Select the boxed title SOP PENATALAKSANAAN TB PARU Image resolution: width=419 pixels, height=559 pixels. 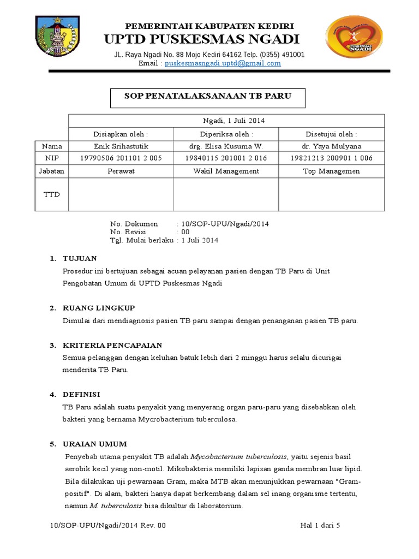point(208,96)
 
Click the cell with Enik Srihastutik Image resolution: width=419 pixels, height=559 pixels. point(121,146)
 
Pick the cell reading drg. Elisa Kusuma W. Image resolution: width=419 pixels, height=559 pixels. point(226,146)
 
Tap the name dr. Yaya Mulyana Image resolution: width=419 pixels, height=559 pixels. point(331,146)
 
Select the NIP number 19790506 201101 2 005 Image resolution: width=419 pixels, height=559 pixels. point(121,158)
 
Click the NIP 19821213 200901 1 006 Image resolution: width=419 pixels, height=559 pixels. point(331,158)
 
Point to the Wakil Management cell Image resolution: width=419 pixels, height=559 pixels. point(226,171)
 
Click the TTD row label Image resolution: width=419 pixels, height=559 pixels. point(51,194)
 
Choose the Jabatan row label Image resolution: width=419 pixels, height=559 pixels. point(51,171)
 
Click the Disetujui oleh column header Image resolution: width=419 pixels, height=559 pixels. point(331,134)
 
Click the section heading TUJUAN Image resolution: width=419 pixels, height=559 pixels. point(80,258)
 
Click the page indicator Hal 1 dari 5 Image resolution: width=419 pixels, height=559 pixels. point(320,526)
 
